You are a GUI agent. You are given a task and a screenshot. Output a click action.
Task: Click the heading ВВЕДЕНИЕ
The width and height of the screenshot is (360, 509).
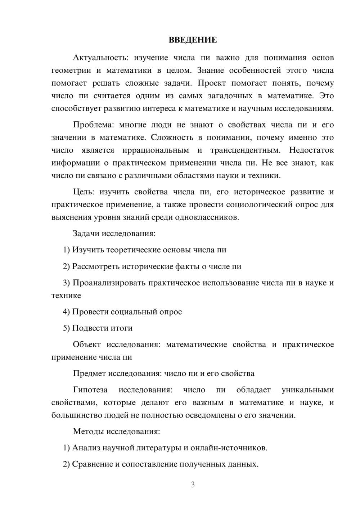point(193,40)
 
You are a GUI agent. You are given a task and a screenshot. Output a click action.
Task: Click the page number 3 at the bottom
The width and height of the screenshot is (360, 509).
point(193,485)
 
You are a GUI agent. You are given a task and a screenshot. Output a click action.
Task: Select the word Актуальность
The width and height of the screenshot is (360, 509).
point(100,58)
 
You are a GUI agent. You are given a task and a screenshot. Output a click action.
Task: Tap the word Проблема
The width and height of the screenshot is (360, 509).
point(93,125)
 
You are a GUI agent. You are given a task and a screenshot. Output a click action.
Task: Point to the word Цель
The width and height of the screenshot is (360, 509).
point(83,192)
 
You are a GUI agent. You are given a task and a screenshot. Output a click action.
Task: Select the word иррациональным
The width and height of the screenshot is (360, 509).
point(156,150)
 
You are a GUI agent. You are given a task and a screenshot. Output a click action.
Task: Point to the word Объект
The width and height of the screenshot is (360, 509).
point(87,344)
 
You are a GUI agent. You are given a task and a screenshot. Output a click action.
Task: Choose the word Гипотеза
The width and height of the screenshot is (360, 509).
point(90,390)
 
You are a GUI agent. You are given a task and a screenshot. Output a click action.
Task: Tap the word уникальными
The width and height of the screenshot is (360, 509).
point(307,390)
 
